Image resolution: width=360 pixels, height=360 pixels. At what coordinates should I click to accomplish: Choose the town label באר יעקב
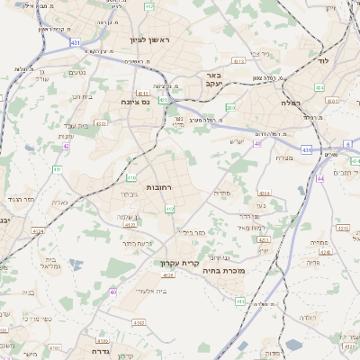tap(213, 79)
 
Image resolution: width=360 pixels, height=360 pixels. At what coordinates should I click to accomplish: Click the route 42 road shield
tap(66, 145)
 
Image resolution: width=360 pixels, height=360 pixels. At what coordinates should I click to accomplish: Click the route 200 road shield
tap(230, 108)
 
